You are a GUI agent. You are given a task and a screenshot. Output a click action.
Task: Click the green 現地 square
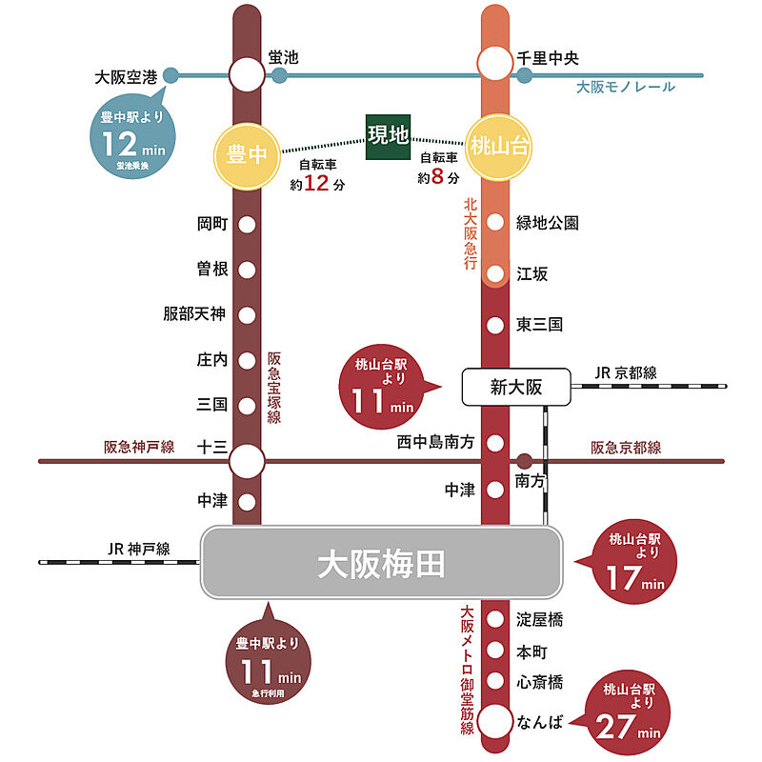388,137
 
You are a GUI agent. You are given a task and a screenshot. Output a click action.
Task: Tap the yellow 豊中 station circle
247,156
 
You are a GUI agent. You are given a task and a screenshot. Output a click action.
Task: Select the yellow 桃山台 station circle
498,148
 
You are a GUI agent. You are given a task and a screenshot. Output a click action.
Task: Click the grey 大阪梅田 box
382,562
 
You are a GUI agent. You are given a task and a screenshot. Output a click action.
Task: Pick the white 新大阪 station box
516,388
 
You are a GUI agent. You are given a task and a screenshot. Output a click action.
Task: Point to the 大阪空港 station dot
170,75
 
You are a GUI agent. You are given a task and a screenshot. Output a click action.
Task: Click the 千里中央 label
548,58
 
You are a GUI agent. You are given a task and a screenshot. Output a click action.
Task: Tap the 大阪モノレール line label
626,88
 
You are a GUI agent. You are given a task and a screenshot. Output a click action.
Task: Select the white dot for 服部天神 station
247,315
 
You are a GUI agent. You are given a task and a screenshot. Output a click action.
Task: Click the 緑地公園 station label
547,223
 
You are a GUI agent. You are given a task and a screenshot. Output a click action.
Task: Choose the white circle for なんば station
495,721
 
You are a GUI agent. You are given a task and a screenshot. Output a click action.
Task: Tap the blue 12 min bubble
132,136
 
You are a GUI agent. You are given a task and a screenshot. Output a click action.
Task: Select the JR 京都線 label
626,372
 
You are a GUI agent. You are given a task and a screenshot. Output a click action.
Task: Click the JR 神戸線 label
139,550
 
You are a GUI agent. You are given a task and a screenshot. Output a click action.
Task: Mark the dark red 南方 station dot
525,461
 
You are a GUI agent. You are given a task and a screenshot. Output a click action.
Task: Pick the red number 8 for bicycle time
437,176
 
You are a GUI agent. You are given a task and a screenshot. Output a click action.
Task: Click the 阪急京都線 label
626,448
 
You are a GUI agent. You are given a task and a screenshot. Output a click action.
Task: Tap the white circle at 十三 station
247,461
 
